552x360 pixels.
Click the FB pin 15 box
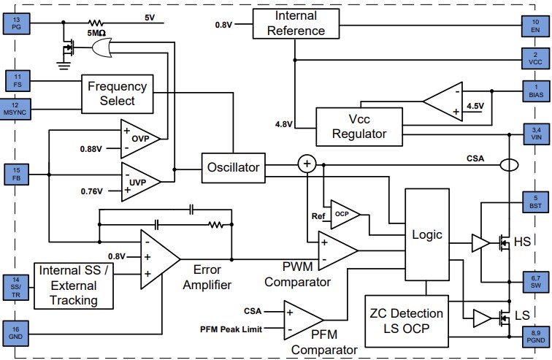[17, 175]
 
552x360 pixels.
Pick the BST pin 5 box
[535, 202]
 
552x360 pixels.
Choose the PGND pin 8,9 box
[535, 335]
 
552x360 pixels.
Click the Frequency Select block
[117, 93]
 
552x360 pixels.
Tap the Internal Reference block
[295, 23]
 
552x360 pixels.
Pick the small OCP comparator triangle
[342, 215]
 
